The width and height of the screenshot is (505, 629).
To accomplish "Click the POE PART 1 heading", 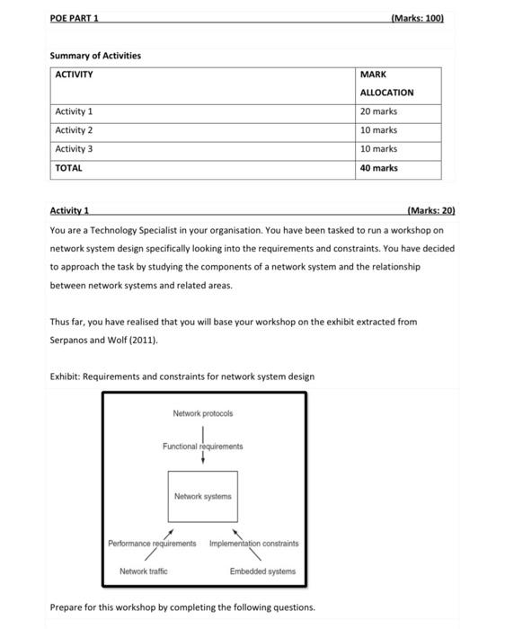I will point(75,18).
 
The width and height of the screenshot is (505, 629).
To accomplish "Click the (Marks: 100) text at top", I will point(418,18).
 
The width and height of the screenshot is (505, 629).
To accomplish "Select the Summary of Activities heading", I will point(95,56).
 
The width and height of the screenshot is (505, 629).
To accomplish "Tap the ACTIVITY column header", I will point(75,75).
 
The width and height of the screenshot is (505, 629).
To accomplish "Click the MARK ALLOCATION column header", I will point(386,84).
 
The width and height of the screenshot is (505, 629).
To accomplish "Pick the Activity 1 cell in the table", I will point(74,111).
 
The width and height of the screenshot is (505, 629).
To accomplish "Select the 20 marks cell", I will point(378,111).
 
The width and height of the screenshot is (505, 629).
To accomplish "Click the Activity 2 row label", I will point(74,130).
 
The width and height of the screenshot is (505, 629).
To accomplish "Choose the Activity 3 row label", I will point(74,149).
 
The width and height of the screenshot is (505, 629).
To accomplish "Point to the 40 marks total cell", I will point(378,168).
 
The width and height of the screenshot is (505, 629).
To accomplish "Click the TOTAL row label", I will point(68,168).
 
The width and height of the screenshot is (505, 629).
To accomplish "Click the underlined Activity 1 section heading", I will point(69,211).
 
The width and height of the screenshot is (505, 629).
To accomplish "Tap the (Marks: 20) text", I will point(430,211).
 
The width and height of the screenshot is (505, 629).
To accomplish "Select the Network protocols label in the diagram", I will point(202,413).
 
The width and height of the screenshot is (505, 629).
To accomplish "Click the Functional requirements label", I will point(202,447).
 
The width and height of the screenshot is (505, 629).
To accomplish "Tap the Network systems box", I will point(202,496).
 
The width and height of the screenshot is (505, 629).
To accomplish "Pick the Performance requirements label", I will point(152,544).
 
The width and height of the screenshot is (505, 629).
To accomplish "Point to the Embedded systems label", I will point(262,571).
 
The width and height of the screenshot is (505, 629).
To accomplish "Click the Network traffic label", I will point(144,571).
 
